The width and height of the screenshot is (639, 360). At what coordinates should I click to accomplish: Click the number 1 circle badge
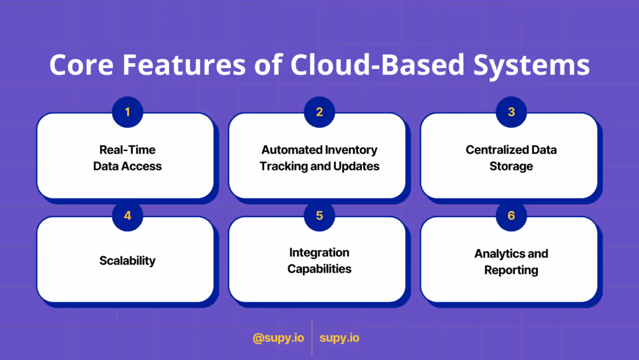tap(127, 112)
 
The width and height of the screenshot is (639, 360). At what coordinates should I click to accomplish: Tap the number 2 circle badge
tap(319, 112)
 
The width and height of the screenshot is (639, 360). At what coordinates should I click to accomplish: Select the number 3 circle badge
tap(511, 112)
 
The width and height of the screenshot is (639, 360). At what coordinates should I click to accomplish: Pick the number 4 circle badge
tap(127, 216)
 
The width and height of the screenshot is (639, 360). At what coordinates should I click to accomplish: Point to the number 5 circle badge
tap(319, 216)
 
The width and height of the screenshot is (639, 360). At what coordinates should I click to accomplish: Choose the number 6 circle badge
tap(511, 216)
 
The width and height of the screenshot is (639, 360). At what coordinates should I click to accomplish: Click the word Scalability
tap(127, 260)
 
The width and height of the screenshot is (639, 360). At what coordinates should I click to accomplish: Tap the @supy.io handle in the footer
tap(278, 338)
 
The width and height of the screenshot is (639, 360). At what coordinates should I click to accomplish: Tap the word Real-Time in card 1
tap(127, 150)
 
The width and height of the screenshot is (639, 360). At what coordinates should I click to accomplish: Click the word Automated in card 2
tap(292, 150)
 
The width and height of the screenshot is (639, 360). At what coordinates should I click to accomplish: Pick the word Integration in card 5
tap(319, 253)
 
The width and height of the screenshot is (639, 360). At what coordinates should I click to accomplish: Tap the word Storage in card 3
tap(511, 167)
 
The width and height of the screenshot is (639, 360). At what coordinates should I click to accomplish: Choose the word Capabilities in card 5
tap(319, 269)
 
